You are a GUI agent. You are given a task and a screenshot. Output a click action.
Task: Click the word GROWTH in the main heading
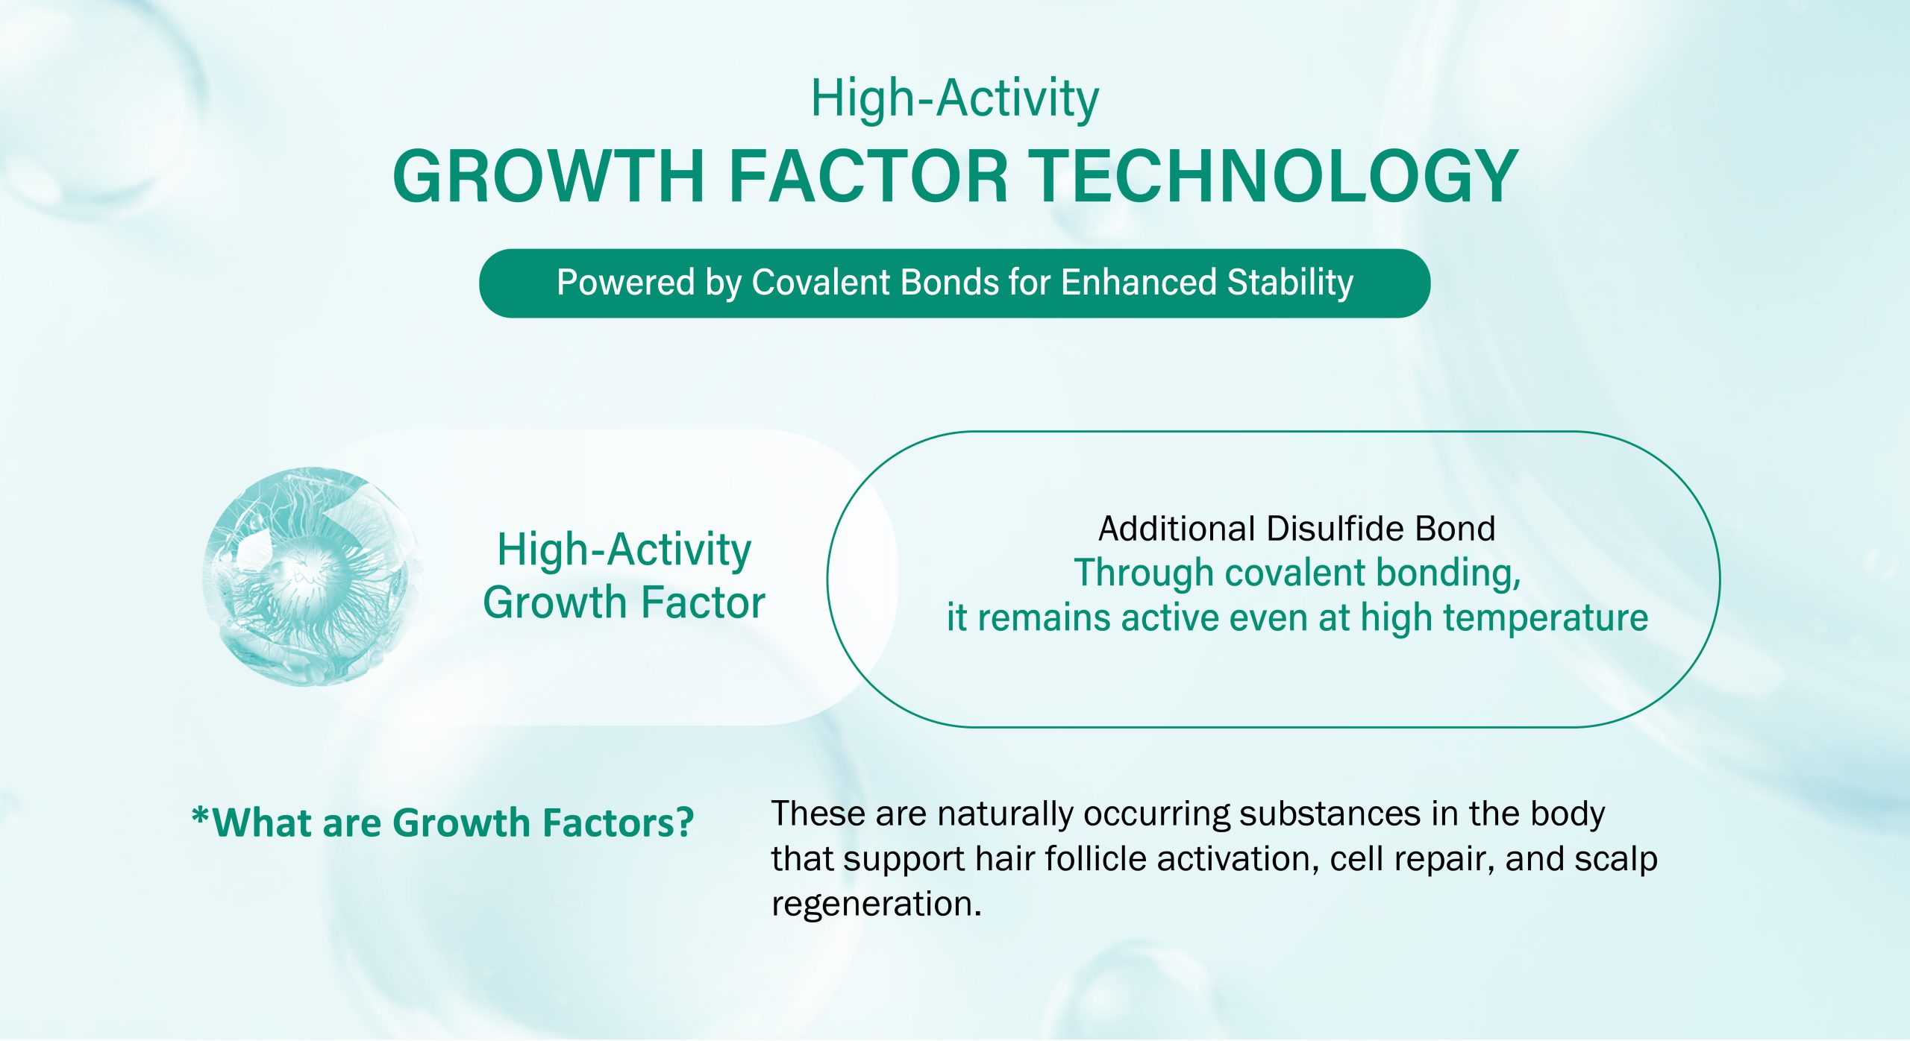(x=548, y=176)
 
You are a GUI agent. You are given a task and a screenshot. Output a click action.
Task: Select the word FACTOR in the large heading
(x=868, y=176)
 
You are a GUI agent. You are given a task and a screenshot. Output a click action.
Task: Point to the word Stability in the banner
(x=1290, y=283)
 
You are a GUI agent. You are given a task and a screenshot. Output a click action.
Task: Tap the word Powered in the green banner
(x=625, y=283)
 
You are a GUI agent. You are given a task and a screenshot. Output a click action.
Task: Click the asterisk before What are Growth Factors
(x=200, y=815)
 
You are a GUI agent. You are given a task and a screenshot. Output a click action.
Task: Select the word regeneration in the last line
(x=876, y=905)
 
